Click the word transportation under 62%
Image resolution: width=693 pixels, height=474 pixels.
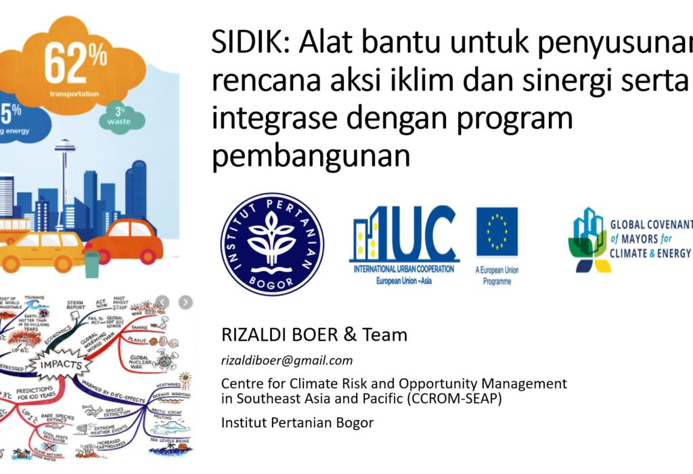tap(76, 94)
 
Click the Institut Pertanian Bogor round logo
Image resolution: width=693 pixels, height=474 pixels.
tap(272, 243)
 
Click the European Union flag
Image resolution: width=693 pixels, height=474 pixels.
tap(497, 232)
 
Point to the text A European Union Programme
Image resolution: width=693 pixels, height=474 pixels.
tap(497, 276)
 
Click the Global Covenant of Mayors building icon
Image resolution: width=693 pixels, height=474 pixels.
tap(586, 240)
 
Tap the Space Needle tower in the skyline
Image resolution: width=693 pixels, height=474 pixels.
tap(65, 169)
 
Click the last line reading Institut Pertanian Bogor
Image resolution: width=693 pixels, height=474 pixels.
tap(297, 423)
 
